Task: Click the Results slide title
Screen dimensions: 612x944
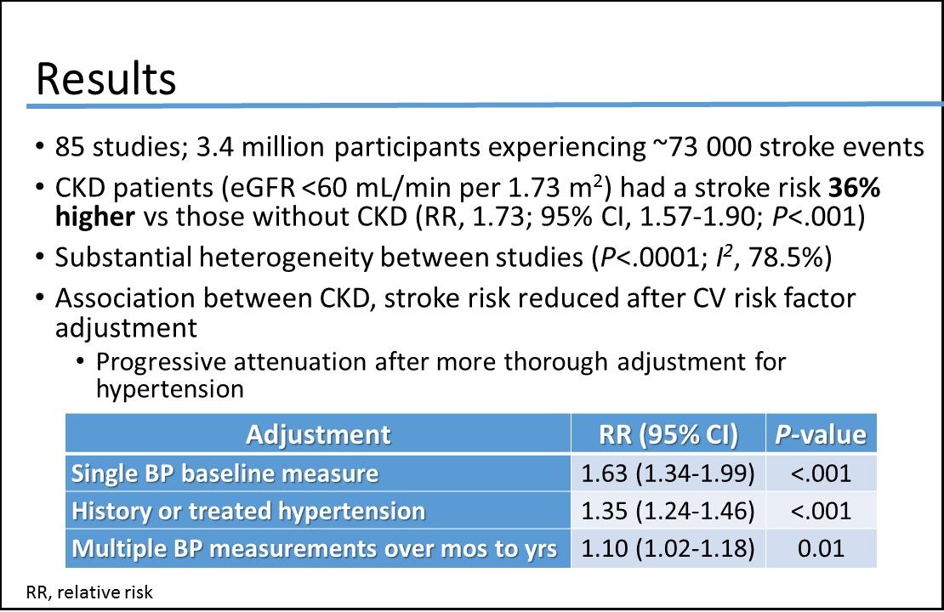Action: pos(105,78)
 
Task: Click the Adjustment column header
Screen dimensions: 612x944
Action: pos(318,434)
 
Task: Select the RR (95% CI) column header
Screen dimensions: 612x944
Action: pos(668,434)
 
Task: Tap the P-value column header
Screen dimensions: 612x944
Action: pos(821,434)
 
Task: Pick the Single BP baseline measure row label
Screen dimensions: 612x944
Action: pos(225,473)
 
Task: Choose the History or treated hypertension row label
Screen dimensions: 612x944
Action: pos(247,511)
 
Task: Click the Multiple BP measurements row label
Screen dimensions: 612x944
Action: pos(314,549)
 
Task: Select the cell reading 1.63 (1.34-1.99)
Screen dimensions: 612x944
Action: pos(668,473)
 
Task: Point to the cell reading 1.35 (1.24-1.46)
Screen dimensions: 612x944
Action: pos(668,511)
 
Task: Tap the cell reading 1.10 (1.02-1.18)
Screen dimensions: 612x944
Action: pos(668,549)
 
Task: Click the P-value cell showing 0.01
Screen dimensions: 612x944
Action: pos(821,549)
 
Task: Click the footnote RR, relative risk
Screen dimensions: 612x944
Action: pos(89,592)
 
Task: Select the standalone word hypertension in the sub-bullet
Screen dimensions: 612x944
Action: pos(170,390)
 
